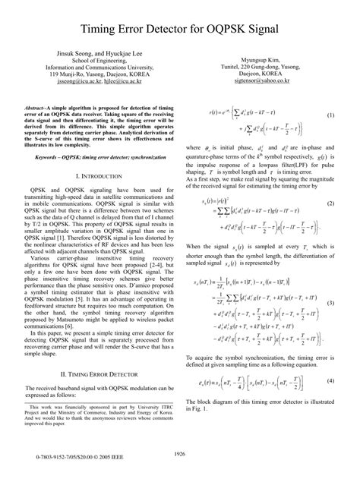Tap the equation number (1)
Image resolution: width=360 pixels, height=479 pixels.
click(x=331, y=115)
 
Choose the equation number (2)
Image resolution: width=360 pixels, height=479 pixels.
click(x=331, y=205)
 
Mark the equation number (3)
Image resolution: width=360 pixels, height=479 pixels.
click(x=331, y=303)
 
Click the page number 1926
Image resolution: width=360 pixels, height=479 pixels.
click(x=180, y=453)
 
